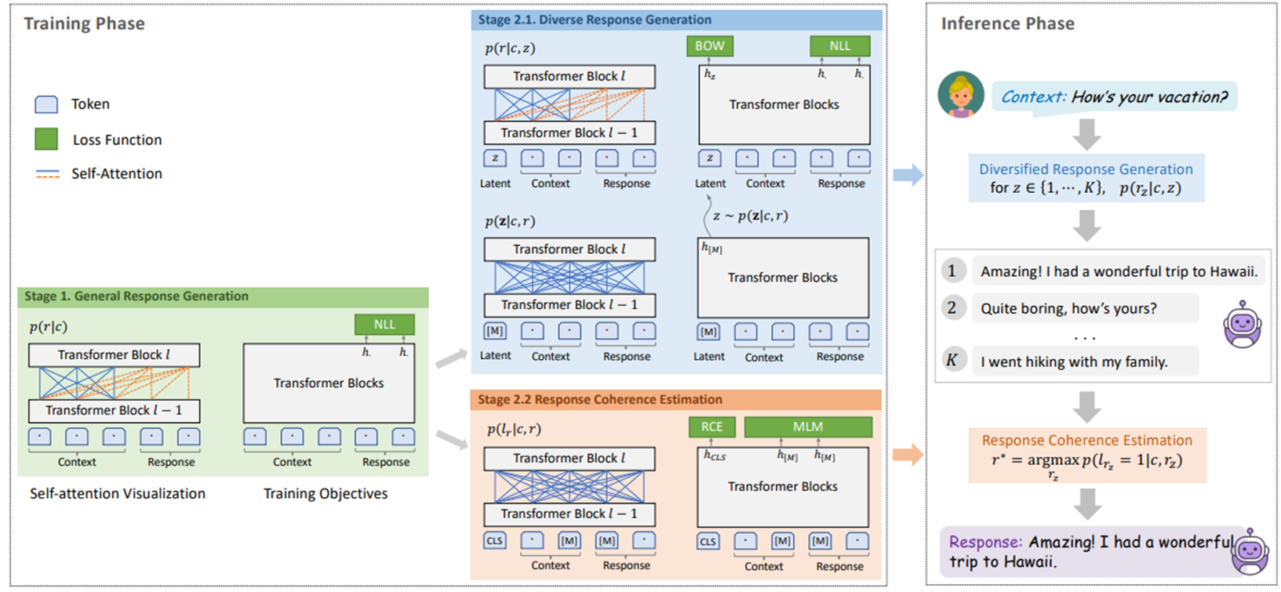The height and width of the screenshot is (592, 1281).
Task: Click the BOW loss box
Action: point(709,46)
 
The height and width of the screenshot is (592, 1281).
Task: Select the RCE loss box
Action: point(711,427)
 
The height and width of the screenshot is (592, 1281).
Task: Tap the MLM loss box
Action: point(808,427)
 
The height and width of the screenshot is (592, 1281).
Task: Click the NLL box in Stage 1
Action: point(384,325)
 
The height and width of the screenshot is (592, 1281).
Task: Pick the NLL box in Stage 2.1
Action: point(839,46)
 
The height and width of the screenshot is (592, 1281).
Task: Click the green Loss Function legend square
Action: point(46,139)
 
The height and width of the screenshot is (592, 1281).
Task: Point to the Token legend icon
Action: point(46,104)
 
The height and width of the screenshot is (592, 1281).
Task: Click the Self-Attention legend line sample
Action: point(48,174)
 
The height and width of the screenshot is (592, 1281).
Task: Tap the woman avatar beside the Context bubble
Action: point(961,95)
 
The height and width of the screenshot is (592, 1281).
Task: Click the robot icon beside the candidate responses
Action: point(1242,324)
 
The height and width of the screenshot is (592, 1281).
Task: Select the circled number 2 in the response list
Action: point(952,308)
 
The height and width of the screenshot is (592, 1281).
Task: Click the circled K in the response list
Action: point(952,361)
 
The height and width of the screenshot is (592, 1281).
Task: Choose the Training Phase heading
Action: point(84,24)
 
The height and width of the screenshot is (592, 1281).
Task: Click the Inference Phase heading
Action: point(1008,24)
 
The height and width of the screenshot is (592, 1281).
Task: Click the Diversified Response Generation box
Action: point(1086,178)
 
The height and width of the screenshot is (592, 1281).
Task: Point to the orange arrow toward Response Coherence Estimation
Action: point(908,455)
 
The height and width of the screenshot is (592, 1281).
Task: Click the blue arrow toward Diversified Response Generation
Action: point(908,175)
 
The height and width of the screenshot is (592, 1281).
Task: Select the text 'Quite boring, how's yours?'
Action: point(1068,309)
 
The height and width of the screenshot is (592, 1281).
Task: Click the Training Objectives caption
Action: point(326,494)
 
